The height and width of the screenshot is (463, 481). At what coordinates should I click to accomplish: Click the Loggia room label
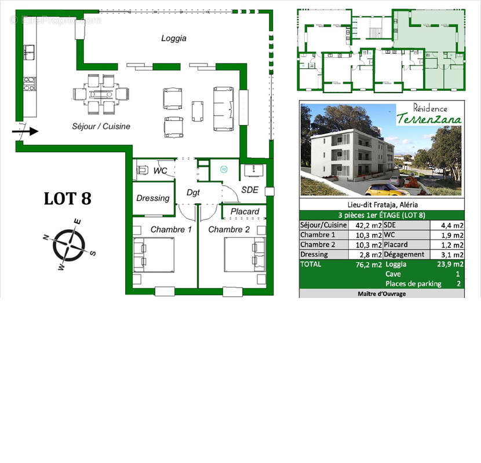click(173, 38)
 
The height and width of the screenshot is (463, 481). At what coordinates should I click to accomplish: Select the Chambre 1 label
click(171, 229)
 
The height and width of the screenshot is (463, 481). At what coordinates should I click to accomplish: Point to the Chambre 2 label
click(229, 229)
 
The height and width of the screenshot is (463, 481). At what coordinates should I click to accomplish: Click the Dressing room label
click(153, 198)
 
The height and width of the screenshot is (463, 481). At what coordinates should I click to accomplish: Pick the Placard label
click(245, 212)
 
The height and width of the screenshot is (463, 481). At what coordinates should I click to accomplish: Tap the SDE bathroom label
click(249, 190)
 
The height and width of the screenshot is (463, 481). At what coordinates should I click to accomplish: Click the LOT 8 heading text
click(68, 198)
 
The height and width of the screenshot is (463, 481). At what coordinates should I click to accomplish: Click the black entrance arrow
click(27, 131)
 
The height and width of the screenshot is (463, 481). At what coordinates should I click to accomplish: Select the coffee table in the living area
click(198, 111)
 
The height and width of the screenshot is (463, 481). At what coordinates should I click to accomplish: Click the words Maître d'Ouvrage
click(382, 294)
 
